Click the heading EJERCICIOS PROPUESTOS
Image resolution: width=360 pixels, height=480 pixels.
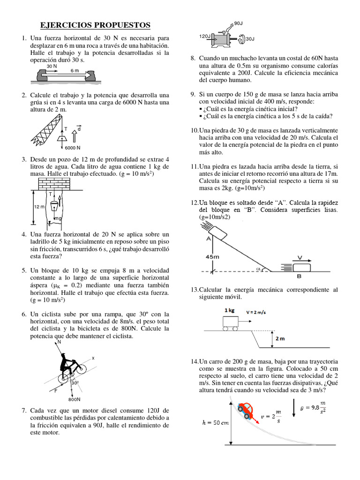pyautogui.click(x=95, y=25)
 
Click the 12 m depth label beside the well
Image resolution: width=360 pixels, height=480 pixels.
pyautogui.click(x=39, y=206)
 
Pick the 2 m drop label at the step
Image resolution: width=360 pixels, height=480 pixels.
pyautogui.click(x=280, y=338)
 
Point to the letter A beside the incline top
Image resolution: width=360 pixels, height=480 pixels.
pyautogui.click(x=207, y=238)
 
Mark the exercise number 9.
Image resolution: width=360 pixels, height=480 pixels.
pyautogui.click(x=193, y=94)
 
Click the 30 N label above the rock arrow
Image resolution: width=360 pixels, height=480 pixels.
pyautogui.click(x=52, y=67)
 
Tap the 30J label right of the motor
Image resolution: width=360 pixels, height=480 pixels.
pyautogui.click(x=250, y=39)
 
